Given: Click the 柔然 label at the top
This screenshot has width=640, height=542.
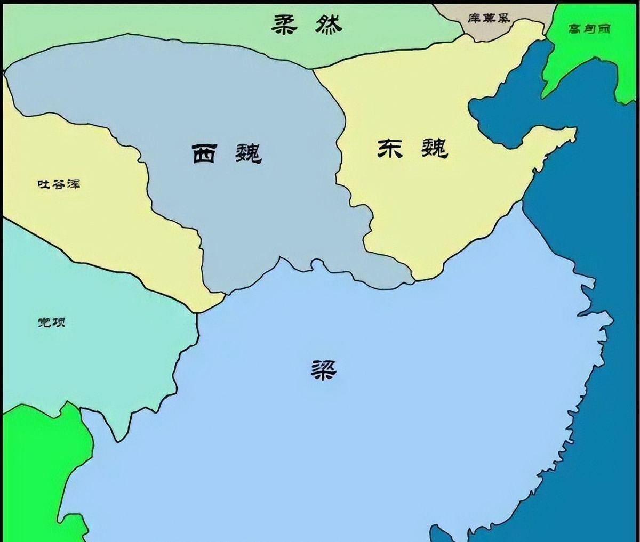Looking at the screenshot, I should pyautogui.click(x=307, y=23).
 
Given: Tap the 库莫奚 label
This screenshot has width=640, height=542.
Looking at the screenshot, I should pyautogui.click(x=489, y=18).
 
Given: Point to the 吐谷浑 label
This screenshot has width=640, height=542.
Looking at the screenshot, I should pyautogui.click(x=59, y=184).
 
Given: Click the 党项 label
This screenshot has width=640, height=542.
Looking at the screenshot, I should pyautogui.click(x=52, y=322).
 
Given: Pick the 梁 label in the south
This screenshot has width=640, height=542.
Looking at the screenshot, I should pyautogui.click(x=324, y=368).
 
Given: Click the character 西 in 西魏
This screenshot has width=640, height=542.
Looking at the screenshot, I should pyautogui.click(x=205, y=153).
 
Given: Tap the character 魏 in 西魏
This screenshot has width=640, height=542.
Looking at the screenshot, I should pyautogui.click(x=248, y=153).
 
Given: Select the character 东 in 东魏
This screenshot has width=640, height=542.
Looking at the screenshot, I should pyautogui.click(x=390, y=149).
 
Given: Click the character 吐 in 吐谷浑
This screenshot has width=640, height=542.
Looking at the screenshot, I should pyautogui.click(x=43, y=184).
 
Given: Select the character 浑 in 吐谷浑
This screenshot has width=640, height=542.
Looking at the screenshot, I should pyautogui.click(x=74, y=184).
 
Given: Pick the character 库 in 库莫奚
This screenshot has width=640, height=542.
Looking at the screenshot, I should pyautogui.click(x=474, y=18).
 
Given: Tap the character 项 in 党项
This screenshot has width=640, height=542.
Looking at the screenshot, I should pyautogui.click(x=59, y=322).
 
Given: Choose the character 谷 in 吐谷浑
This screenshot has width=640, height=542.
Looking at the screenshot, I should pyautogui.click(x=59, y=184).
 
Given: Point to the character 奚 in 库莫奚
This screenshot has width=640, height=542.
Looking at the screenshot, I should pyautogui.click(x=503, y=18).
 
